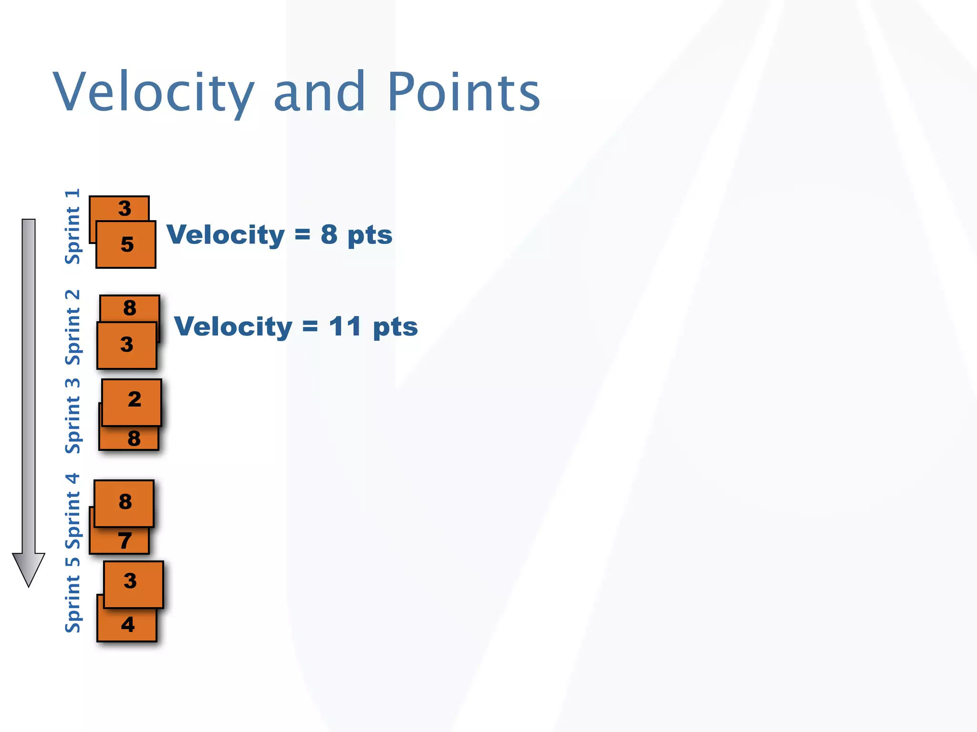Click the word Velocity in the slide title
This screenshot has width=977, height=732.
click(154, 92)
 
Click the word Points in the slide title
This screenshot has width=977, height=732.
click(464, 92)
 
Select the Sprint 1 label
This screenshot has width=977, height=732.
click(73, 227)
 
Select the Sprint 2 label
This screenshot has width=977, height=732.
click(73, 327)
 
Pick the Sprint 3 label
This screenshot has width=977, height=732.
click(73, 416)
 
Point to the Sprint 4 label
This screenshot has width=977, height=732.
click(73, 511)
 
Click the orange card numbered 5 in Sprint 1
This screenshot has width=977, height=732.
click(126, 245)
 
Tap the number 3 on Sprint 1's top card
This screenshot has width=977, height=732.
click(125, 208)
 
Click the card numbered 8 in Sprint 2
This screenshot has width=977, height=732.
click(130, 308)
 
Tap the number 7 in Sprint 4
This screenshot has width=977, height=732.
click(125, 541)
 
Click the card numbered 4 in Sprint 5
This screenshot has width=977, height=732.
click(127, 624)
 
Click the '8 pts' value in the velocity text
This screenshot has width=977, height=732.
click(356, 235)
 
